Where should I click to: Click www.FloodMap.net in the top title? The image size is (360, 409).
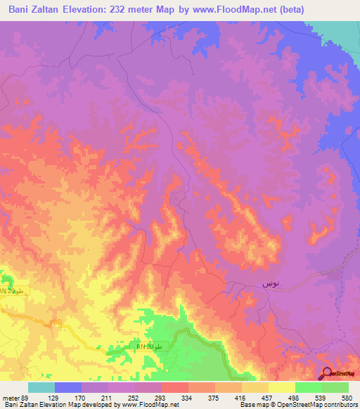[x=228, y=10]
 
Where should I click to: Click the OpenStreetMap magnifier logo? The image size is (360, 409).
[x=328, y=374]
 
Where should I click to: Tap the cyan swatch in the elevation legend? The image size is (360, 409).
[x=41, y=387]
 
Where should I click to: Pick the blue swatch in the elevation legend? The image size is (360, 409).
[x=68, y=387]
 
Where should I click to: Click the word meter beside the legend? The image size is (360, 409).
[x=9, y=398]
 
